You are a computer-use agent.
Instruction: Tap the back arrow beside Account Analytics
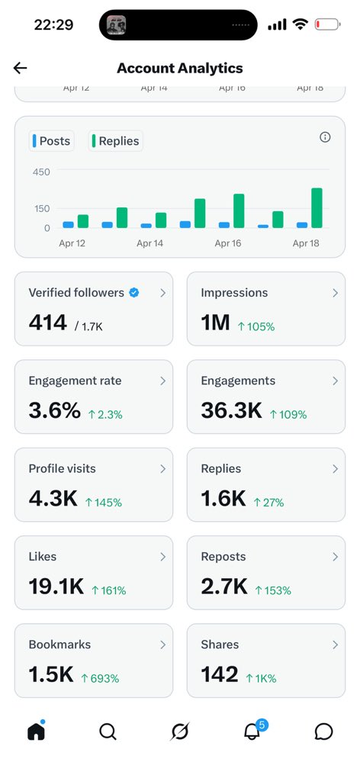click(x=21, y=68)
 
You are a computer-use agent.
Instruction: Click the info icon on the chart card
click(x=325, y=137)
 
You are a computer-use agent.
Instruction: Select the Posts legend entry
click(x=51, y=141)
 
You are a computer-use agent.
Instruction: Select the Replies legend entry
click(x=116, y=141)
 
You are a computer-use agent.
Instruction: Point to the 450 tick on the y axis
click(x=40, y=172)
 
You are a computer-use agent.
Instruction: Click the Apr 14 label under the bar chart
click(x=150, y=243)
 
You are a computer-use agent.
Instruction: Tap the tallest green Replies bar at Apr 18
click(x=317, y=207)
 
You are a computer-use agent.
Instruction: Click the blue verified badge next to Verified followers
click(x=134, y=293)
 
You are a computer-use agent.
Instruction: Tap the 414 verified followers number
click(x=48, y=323)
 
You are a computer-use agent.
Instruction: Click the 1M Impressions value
click(x=215, y=323)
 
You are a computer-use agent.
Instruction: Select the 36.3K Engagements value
click(x=231, y=411)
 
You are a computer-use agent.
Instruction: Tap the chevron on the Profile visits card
click(x=162, y=469)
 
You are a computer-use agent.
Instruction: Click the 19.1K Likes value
click(x=56, y=587)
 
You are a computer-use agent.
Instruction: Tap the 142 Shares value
click(x=220, y=675)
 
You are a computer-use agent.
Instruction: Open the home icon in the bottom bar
click(x=36, y=731)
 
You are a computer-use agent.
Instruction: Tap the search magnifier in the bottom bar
click(x=108, y=731)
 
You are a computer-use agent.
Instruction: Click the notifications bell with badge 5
click(x=252, y=731)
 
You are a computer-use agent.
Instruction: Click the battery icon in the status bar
click(x=328, y=24)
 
